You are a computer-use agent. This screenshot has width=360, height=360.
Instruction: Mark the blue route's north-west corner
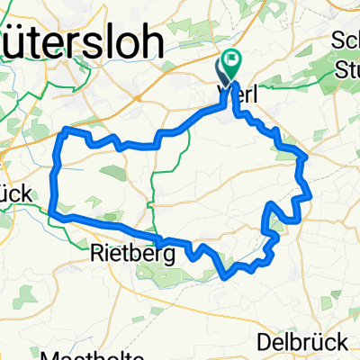tap(62, 131)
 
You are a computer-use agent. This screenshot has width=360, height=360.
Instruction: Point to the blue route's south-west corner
tap(55, 215)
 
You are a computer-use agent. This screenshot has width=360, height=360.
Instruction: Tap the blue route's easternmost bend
tap(311, 193)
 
